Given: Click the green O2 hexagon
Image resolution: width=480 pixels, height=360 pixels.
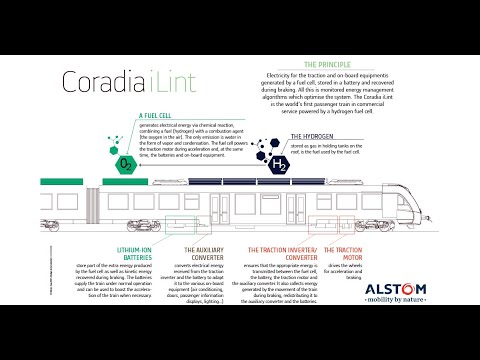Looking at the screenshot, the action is point(126,163).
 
